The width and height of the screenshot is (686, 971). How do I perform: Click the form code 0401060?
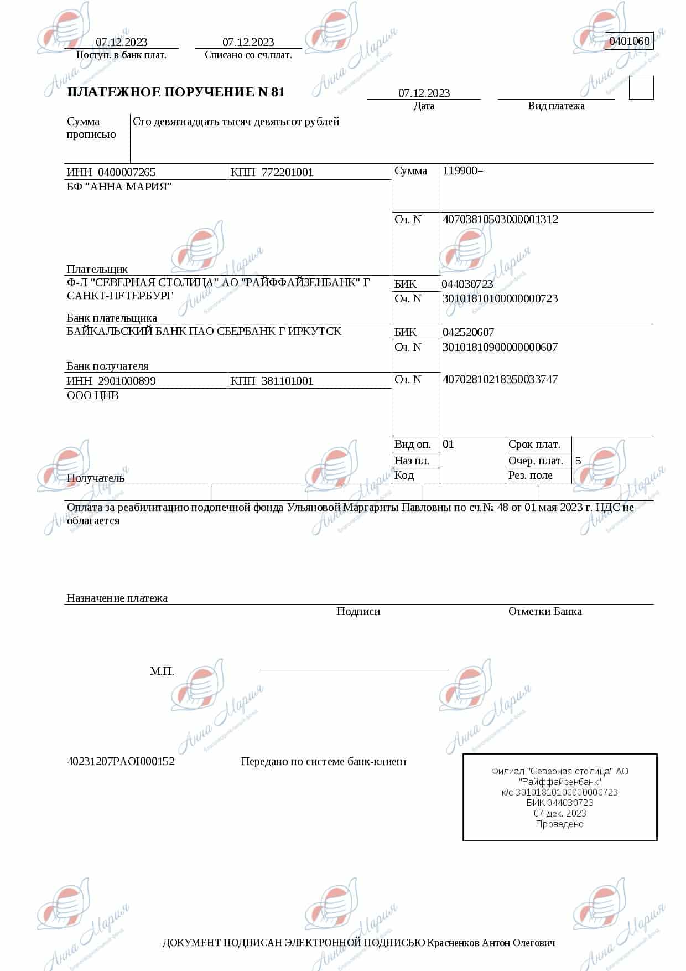629,41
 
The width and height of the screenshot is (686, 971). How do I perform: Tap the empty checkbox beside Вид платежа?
641,88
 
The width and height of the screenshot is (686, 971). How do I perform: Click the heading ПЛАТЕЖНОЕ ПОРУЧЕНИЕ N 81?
176,92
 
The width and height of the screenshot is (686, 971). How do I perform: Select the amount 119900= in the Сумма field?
462,171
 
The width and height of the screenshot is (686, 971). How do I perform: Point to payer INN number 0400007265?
127,172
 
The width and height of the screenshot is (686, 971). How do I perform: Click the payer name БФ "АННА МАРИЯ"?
119,187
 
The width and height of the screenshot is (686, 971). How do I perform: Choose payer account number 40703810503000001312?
500,219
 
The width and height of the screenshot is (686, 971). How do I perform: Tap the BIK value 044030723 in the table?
467,284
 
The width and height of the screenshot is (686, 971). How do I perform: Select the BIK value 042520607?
468,332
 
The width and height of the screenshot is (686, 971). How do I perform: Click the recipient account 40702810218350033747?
500,379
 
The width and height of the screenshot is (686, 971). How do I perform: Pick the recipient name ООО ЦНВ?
92,395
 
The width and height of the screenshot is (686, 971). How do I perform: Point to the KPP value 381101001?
287,381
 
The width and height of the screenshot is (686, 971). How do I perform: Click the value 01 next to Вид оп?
448,444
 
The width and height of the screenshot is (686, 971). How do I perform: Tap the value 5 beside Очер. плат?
578,461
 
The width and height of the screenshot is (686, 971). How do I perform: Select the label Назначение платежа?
117,598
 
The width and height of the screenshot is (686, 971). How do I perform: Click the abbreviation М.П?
162,671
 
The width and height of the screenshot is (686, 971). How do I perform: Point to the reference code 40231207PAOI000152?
121,761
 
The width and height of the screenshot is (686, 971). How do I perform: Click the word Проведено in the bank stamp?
559,824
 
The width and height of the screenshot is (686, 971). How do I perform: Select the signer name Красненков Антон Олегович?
491,943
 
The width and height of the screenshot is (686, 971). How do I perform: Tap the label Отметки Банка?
545,611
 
